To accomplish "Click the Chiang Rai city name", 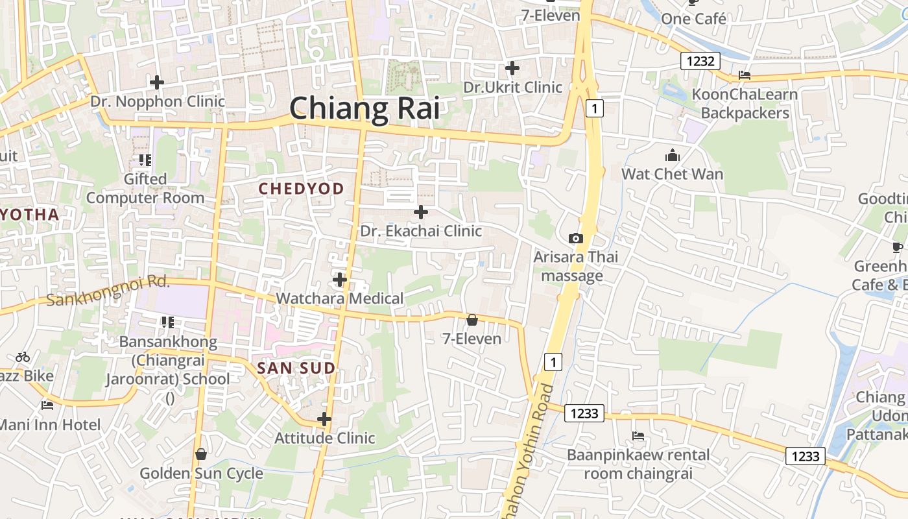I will click(x=364, y=108).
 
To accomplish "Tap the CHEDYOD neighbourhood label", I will click(x=301, y=189).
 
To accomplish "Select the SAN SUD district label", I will click(x=296, y=368).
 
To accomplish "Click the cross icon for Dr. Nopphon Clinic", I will click(x=157, y=82).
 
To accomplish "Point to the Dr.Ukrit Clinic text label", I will click(x=512, y=87).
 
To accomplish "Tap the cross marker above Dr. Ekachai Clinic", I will click(x=421, y=212).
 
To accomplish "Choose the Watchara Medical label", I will click(x=340, y=298).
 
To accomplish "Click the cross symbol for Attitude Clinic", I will click(x=324, y=419).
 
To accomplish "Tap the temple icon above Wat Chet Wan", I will click(x=673, y=156).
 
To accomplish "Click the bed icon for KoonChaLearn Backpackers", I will click(x=745, y=76).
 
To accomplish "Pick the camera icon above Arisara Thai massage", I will click(x=575, y=239).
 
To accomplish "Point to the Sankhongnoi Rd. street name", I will click(x=108, y=291).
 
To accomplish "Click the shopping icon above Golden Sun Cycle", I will click(x=201, y=454).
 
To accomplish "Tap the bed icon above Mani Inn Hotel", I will click(x=47, y=406).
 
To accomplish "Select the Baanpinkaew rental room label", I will click(x=638, y=464).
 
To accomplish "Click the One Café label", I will click(x=693, y=19).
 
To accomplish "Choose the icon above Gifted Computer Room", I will click(x=145, y=160).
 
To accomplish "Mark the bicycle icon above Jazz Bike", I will click(x=23, y=357).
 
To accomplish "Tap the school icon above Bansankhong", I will click(x=168, y=322).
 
